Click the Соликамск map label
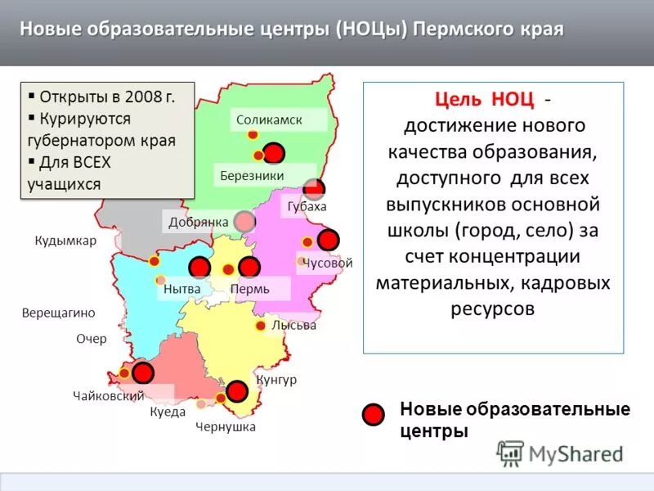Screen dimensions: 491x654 coord(269,120)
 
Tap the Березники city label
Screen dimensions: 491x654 coord(252,175)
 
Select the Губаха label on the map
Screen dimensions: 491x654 coord(307,206)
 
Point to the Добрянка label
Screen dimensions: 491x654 coord(198,222)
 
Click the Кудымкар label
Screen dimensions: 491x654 coord(65,241)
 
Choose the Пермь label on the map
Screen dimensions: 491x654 coord(250,289)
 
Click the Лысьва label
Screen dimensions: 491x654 coord(293,325)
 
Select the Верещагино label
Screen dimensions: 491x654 coord(59,313)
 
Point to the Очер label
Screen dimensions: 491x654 coord(92,339)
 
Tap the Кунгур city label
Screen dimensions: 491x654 coord(276,380)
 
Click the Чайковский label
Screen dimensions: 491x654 coord(108,396)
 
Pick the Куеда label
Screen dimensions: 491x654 coord(168,412)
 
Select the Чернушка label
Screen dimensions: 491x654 coord(226,426)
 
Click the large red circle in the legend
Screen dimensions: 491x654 coord(373,415)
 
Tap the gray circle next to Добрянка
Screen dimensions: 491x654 coord(244,221)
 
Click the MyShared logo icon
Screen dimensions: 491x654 coord(510,453)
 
